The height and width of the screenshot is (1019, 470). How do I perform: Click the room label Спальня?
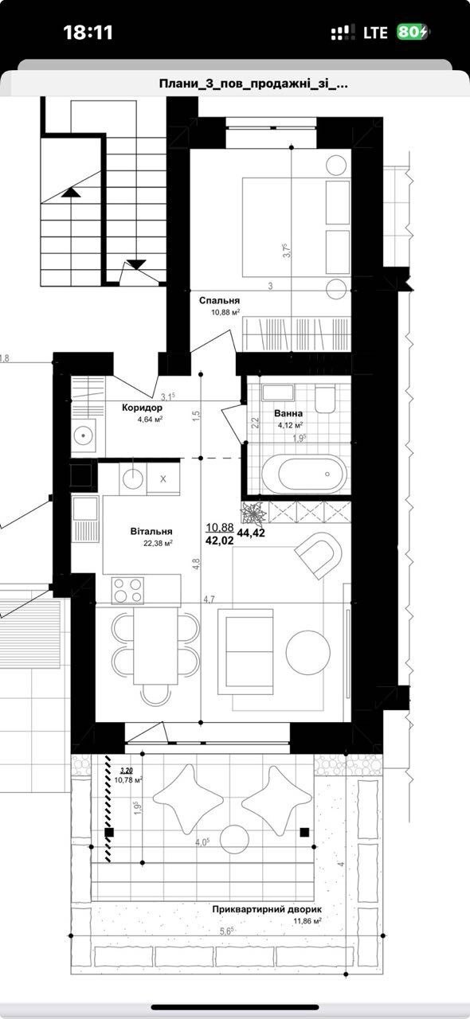click(x=220, y=301)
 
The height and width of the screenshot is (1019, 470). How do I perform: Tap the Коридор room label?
click(x=142, y=408)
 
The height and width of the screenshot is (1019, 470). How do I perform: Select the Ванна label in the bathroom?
click(x=288, y=413)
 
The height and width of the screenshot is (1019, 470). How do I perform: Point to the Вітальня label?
click(x=151, y=531)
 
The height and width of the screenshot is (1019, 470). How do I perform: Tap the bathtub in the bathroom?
click(x=304, y=474)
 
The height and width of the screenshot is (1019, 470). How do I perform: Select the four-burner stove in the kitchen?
click(x=128, y=590)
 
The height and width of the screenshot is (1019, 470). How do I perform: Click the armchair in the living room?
click(x=319, y=555)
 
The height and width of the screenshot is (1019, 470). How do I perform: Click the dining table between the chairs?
click(x=155, y=646)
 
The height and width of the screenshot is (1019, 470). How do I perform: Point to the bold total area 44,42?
click(x=251, y=533)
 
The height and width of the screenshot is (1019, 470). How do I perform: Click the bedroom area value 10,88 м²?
click(x=225, y=312)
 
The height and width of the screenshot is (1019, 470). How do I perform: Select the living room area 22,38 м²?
click(x=158, y=542)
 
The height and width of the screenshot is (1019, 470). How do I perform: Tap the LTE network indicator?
click(x=375, y=33)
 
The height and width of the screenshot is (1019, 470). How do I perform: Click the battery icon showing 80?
click(x=412, y=33)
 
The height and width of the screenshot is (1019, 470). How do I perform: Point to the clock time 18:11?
click(x=88, y=33)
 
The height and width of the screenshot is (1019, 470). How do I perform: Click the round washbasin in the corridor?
click(x=84, y=435)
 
